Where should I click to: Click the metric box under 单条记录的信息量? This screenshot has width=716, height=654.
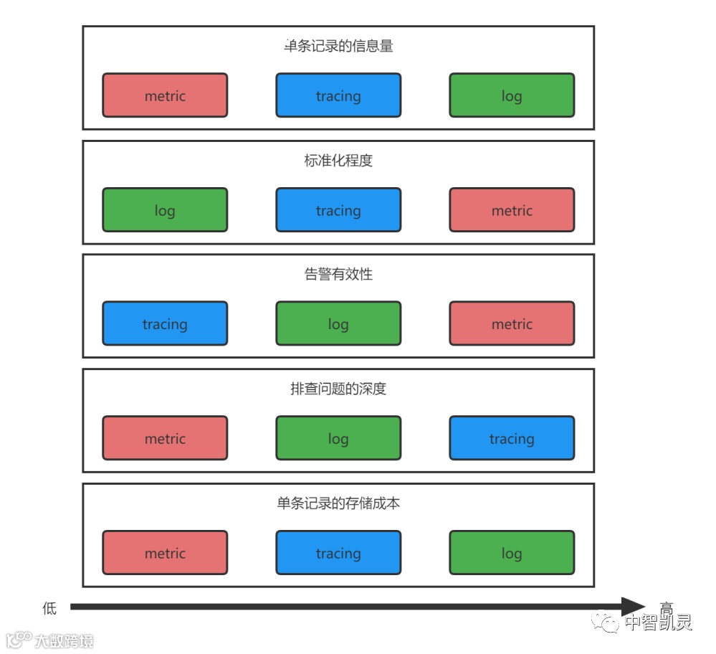(165, 95)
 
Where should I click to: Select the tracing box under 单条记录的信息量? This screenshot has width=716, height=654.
(338, 95)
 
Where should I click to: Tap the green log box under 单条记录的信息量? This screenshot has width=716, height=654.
(512, 95)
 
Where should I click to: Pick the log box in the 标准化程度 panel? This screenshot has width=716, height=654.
(165, 210)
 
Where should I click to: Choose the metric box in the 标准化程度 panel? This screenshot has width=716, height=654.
(512, 210)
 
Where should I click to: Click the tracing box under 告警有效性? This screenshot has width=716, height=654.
(165, 324)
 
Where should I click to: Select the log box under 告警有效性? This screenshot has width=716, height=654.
(338, 324)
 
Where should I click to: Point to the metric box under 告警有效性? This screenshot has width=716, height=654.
(512, 324)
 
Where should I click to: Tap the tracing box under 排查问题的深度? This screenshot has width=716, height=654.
(512, 438)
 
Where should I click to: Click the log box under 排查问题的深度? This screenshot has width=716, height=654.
(338, 438)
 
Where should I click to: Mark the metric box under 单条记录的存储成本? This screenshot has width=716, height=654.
(165, 553)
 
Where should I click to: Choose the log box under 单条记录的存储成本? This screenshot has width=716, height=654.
(512, 553)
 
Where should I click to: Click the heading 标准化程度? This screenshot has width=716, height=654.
(338, 161)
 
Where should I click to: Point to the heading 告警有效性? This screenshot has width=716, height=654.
(338, 275)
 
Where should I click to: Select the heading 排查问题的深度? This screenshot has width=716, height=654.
(338, 389)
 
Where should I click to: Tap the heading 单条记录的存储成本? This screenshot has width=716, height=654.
(338, 503)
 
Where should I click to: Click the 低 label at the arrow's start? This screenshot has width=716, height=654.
(49, 608)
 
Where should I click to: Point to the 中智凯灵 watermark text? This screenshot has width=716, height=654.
(658, 622)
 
